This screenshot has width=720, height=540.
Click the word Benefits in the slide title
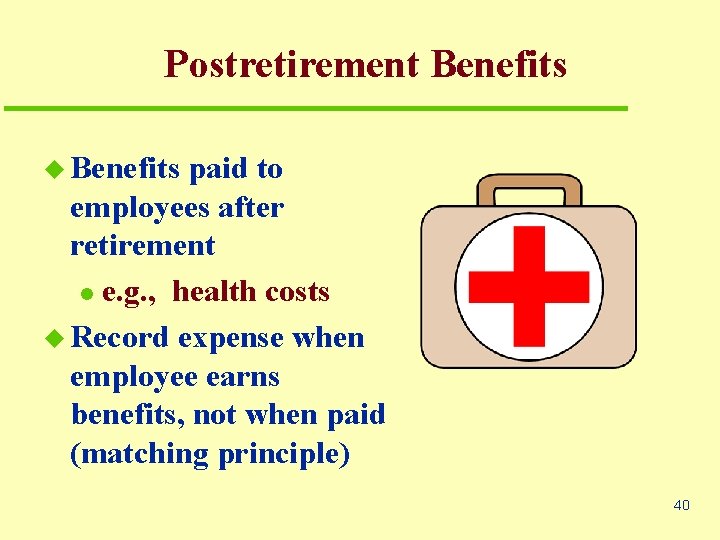[499, 65]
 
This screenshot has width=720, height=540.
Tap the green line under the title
[315, 107]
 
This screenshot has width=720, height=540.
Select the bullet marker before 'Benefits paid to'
[56, 170]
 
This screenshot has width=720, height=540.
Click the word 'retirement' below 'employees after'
[142, 246]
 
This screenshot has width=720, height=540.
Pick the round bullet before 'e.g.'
[87, 294]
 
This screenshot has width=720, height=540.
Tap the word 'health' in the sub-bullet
[214, 292]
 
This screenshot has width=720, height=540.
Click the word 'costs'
[296, 292]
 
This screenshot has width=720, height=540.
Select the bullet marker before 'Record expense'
[56, 339]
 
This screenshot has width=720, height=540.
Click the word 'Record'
[121, 338]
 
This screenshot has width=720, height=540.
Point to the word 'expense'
[231, 339]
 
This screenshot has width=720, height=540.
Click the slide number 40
[681, 505]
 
